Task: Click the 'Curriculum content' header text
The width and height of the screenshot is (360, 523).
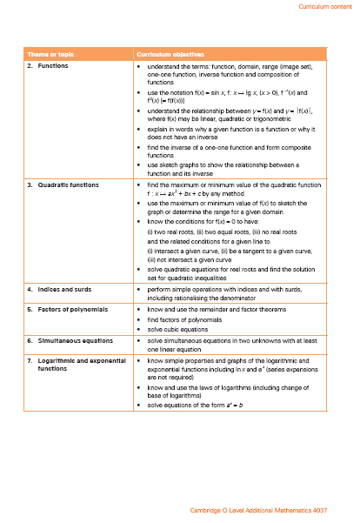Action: coord(324,6)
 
